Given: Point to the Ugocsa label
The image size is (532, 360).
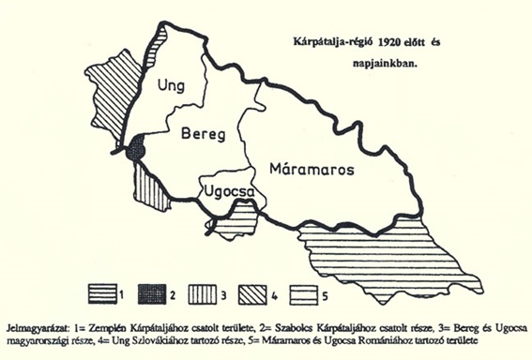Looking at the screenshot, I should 226,194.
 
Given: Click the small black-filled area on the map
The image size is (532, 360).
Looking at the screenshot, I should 137,149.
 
